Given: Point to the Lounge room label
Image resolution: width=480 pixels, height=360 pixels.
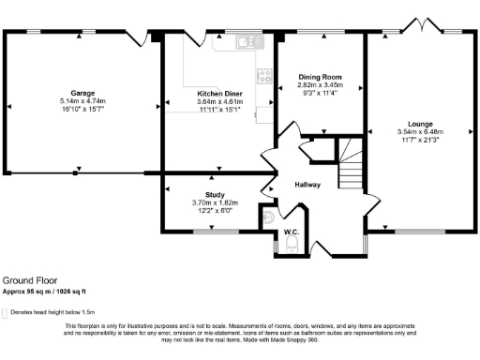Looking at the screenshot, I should tap(420, 123).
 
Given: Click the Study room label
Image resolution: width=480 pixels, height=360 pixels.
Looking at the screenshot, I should tap(215, 194).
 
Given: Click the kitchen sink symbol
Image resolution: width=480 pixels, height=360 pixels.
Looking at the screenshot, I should tap(247, 41).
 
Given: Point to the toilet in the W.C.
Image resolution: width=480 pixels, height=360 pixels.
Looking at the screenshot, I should tap(292, 245).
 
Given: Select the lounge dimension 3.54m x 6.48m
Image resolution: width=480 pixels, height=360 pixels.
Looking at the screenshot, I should tap(420, 132).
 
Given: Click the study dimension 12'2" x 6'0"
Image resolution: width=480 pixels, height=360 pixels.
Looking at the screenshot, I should tap(215, 211).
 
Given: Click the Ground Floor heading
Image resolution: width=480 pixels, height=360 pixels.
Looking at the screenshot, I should tap(27, 280).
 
